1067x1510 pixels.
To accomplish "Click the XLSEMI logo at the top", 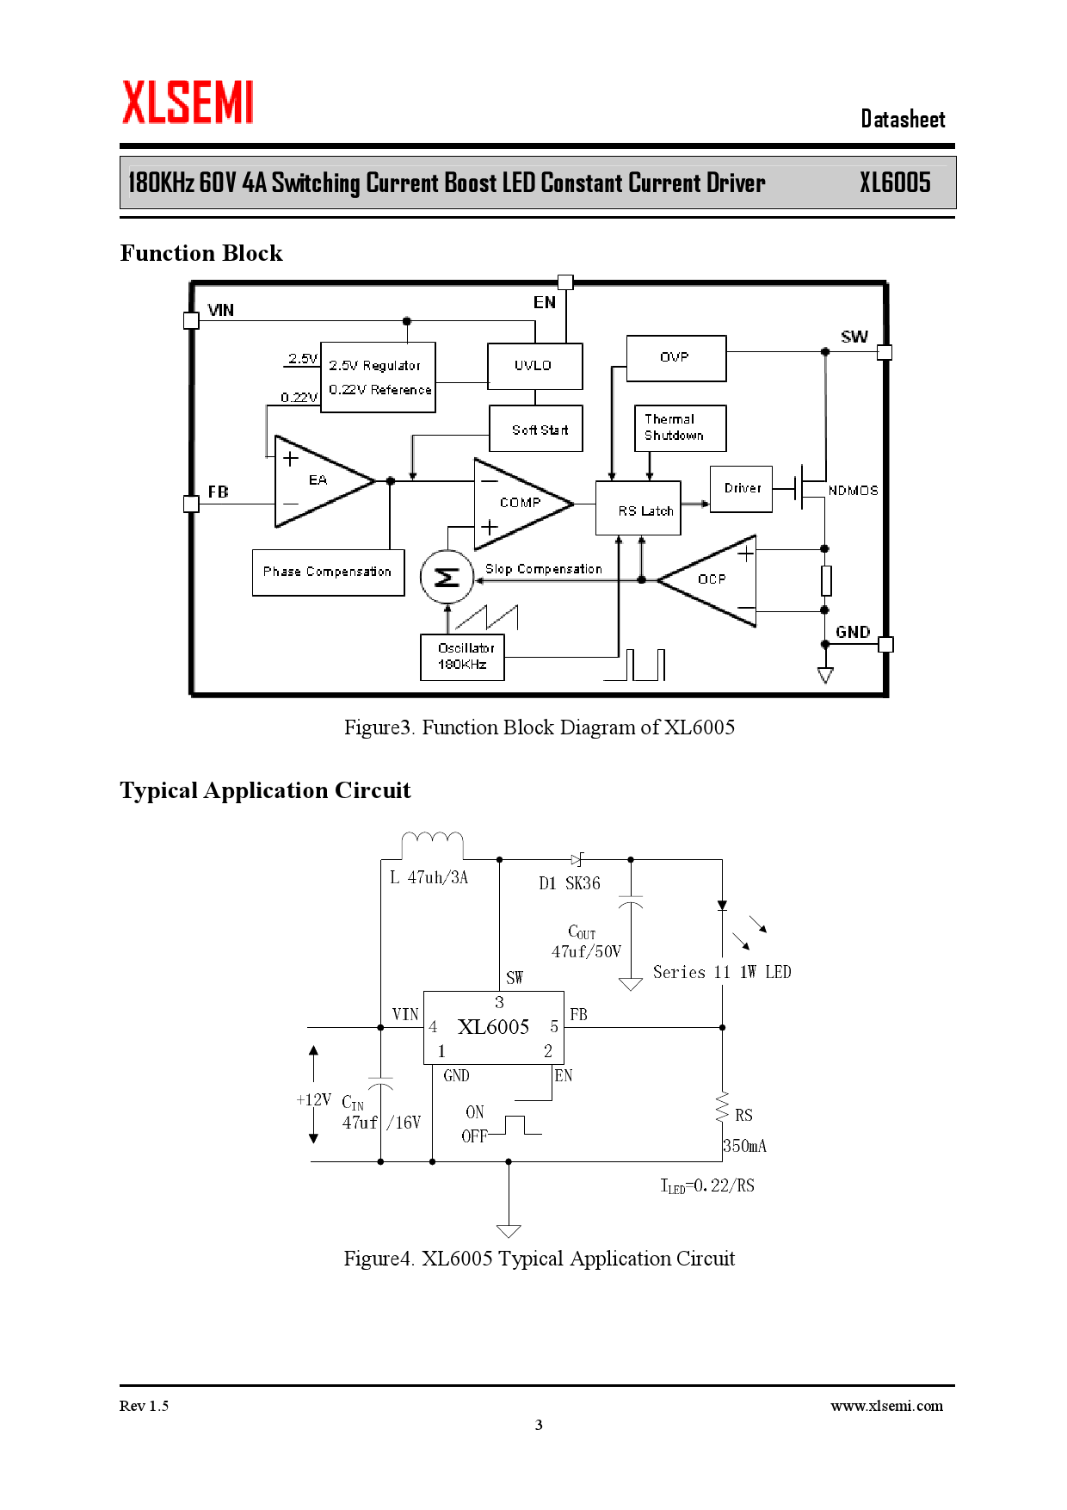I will click(x=188, y=102).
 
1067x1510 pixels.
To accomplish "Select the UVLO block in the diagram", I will click(x=534, y=366).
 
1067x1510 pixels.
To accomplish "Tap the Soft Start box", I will click(x=535, y=429).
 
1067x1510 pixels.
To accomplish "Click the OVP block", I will click(x=675, y=358).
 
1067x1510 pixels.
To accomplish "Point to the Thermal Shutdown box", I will click(x=680, y=428).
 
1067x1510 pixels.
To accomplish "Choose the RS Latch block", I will click(x=638, y=508).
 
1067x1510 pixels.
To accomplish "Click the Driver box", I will click(x=741, y=489).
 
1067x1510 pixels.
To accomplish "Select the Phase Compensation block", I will click(x=328, y=572).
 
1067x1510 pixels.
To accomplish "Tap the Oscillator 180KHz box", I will click(x=462, y=657).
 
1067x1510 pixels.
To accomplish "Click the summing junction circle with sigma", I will click(x=447, y=577).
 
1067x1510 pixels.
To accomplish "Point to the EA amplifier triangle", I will click(x=318, y=481).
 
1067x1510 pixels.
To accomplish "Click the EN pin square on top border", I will click(x=565, y=282).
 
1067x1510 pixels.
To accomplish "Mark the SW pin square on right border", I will click(x=885, y=352).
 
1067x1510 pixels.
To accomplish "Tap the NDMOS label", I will click(x=853, y=491).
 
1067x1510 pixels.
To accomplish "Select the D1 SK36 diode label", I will click(x=570, y=883).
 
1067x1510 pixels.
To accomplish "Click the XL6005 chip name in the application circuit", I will click(x=493, y=1026).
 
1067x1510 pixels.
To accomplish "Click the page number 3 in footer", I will click(x=539, y=1425).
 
